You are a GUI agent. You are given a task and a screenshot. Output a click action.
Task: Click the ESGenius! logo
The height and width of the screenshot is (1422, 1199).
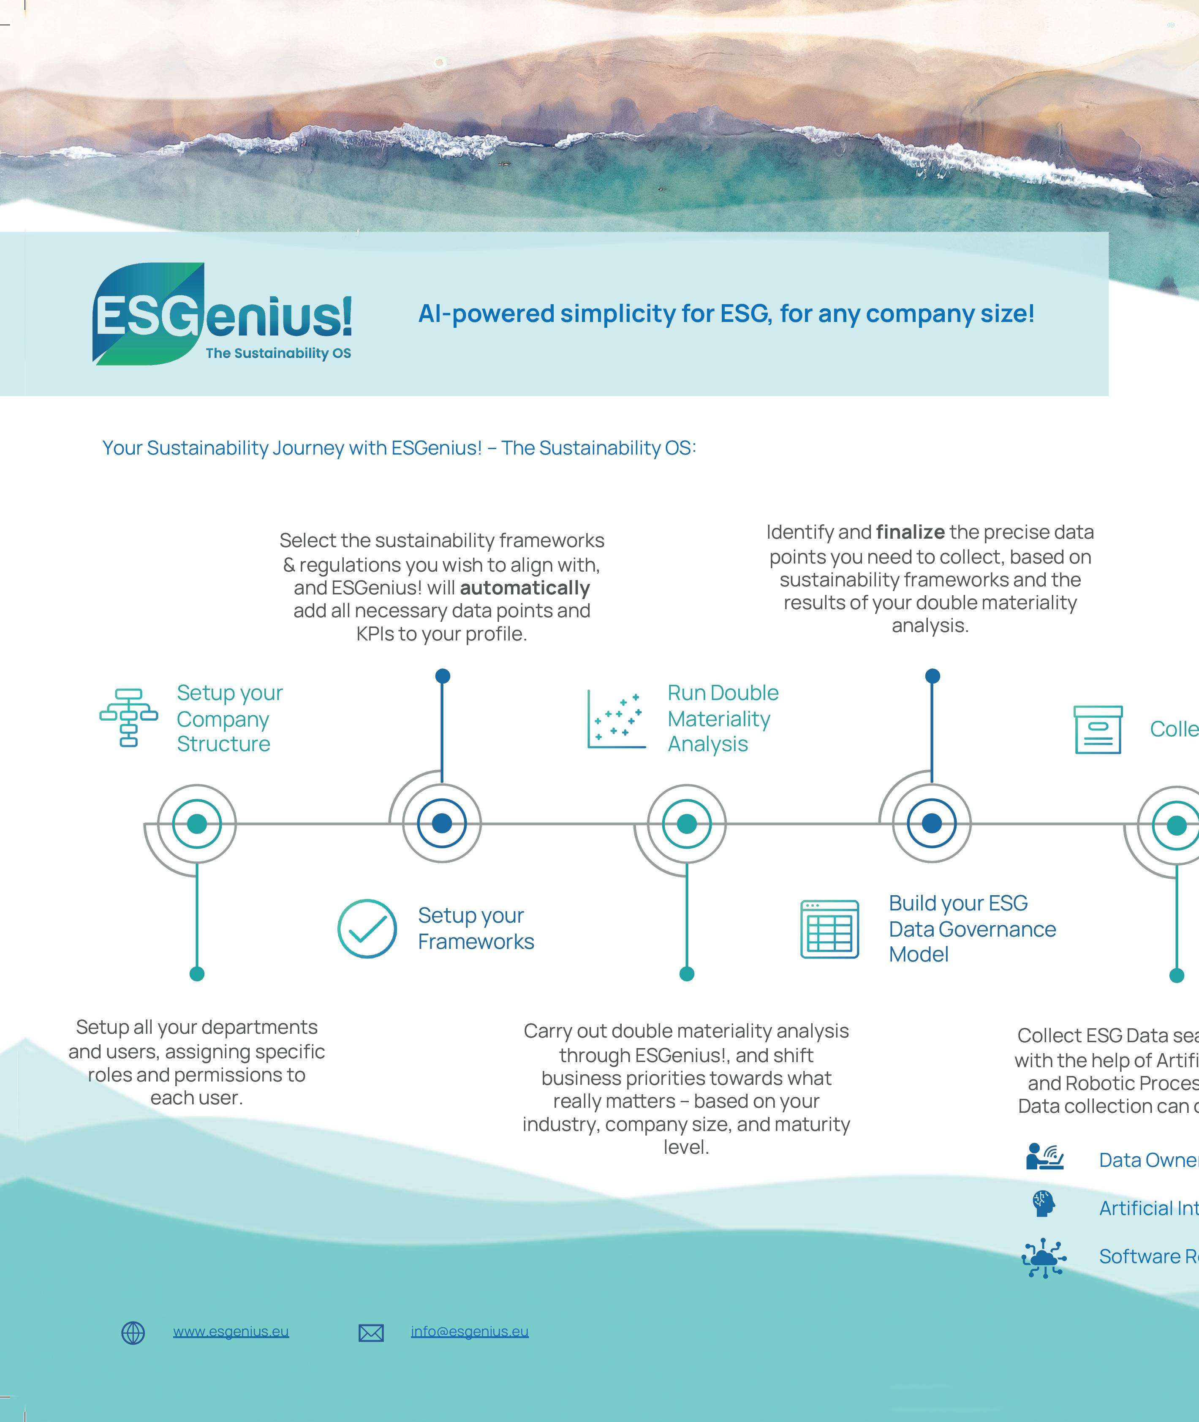pos(222,314)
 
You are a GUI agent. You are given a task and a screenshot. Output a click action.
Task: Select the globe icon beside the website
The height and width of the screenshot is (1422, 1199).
pos(133,1333)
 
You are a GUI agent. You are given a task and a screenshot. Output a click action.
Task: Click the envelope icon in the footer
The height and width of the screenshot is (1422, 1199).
pos(371,1333)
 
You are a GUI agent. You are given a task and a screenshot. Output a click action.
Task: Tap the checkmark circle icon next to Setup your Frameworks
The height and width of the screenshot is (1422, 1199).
pos(367,929)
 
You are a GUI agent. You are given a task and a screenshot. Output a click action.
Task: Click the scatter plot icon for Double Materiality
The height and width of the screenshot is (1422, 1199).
pos(616,719)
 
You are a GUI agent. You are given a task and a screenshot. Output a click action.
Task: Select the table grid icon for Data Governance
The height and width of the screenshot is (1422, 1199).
pos(829,929)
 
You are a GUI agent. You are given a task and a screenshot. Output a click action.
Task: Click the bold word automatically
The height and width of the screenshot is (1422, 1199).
pos(525,588)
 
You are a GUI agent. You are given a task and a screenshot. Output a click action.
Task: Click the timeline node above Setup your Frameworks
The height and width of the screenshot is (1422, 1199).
pos(442,823)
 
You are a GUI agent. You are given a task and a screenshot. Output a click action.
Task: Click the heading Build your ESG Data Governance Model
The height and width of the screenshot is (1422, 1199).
pos(972,929)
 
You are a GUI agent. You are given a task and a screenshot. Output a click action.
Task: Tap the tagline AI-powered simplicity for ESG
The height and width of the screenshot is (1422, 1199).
pos(726,313)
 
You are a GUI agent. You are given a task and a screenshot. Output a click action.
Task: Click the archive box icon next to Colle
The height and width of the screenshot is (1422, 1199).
pos(1098,729)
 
